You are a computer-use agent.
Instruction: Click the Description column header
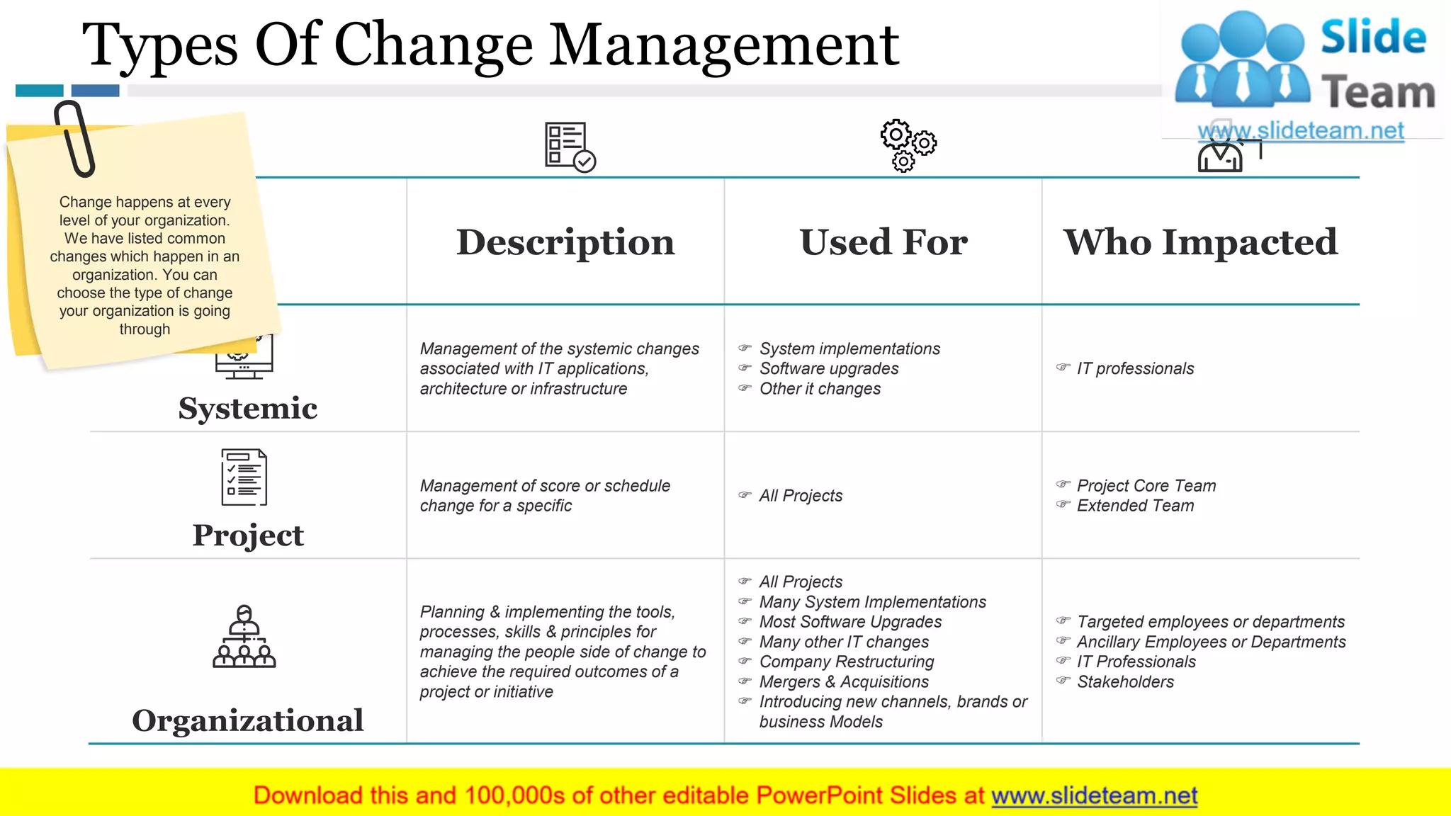tap(565, 242)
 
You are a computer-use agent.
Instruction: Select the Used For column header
tap(883, 242)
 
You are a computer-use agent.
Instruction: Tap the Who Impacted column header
tap(1200, 242)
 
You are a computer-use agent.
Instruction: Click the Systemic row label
tap(248, 409)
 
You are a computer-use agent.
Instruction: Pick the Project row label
tap(248, 535)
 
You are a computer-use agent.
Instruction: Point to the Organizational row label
tap(248, 720)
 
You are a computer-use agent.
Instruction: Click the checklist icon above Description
tap(570, 147)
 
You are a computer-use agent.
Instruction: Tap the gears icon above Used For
tap(908, 145)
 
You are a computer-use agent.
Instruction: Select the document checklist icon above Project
tap(244, 477)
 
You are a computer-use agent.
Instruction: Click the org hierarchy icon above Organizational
tap(244, 637)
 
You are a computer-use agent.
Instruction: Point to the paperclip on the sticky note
tap(74, 138)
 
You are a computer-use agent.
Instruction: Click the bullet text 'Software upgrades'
tap(829, 368)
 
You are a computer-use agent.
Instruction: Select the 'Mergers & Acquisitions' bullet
tap(844, 682)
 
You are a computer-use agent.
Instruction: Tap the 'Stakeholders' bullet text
tap(1125, 682)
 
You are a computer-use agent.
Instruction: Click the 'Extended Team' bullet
tap(1135, 506)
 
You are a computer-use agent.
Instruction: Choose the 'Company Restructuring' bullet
tap(847, 662)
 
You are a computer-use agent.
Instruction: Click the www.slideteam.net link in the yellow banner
tap(1094, 795)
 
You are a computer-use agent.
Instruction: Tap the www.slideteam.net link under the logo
tap(1301, 131)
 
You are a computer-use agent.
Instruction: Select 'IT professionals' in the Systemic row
tap(1135, 368)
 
